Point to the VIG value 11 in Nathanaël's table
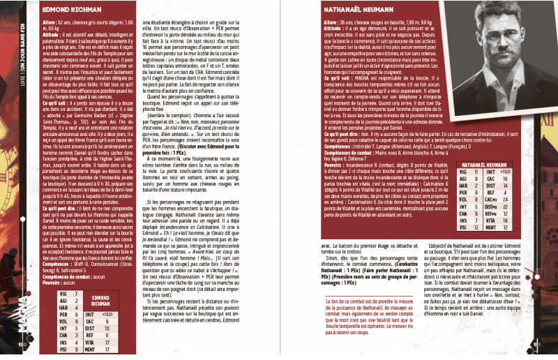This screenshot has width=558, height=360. pos(474,171)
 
